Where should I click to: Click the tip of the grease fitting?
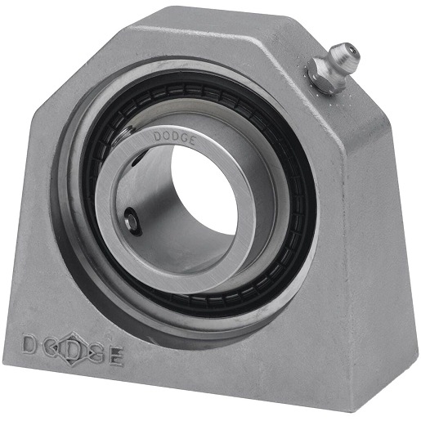pyautogui.click(x=351, y=52)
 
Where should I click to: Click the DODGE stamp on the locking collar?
pyautogui.click(x=174, y=137)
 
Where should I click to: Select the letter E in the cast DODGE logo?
pyautogui.click(x=117, y=356)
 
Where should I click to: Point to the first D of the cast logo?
pyautogui.click(x=29, y=344)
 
